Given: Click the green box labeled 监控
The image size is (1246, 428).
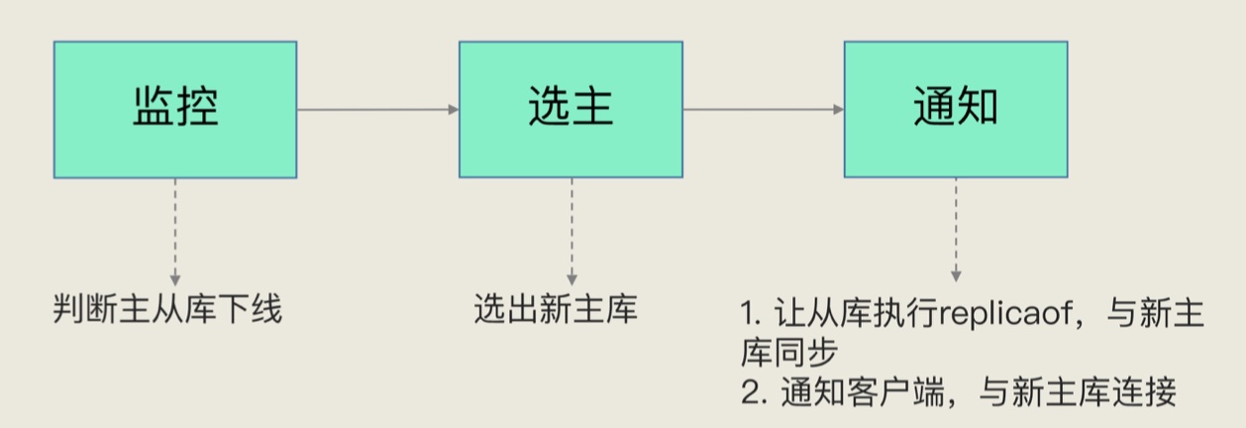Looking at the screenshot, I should [175, 110].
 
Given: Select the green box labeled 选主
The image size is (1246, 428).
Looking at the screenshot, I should [571, 110].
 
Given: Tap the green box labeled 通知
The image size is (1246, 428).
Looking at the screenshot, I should [955, 110].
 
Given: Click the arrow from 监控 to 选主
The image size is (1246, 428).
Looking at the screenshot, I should [377, 109].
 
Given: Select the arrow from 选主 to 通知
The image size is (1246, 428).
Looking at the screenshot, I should [764, 109].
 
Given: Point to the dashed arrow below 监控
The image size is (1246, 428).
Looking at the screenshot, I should [175, 233].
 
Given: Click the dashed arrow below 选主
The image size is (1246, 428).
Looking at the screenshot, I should [571, 233].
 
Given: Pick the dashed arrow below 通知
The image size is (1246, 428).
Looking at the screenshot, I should [955, 228].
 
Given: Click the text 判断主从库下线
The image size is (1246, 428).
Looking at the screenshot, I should [167, 311].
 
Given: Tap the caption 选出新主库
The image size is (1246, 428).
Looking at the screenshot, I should [556, 311].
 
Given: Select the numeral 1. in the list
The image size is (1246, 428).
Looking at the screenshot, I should [750, 316].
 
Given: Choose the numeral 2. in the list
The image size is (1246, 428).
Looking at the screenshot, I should [752, 393].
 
